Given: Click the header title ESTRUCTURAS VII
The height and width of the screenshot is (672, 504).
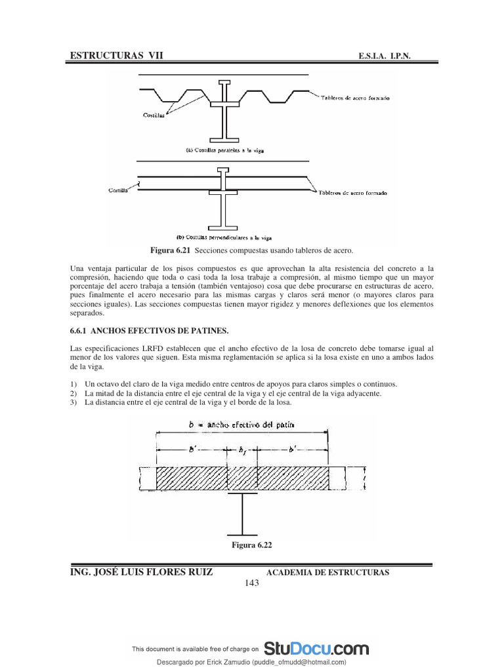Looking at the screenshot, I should [115, 57].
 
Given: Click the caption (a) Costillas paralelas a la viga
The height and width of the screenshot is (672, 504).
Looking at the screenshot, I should [223, 150].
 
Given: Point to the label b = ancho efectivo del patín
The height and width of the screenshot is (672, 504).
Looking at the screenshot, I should [241, 425].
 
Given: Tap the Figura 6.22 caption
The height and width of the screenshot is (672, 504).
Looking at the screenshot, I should [251, 545].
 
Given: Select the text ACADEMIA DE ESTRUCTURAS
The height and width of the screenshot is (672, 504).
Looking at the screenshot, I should [327, 572].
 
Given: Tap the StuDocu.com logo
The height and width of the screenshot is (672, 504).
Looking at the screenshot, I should [316, 649].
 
